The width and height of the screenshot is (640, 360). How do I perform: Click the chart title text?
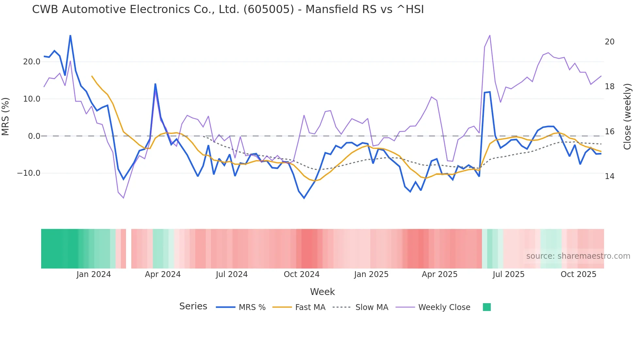[x=228, y=9]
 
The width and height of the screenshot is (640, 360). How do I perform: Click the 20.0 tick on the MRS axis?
[x=32, y=62]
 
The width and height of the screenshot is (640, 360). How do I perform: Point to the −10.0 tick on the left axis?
[x=29, y=173]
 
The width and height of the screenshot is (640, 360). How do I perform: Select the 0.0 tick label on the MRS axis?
[x=34, y=136]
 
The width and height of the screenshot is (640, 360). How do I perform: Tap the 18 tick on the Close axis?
[x=609, y=87]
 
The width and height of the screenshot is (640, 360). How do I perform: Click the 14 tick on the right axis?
[x=609, y=176]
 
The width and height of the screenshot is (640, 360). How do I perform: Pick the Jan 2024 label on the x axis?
[x=94, y=274]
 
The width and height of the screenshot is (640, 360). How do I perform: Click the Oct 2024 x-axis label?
[x=301, y=274]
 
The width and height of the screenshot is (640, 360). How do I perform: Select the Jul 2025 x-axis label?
[x=508, y=274]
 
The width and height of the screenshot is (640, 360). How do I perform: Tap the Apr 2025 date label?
[x=440, y=274]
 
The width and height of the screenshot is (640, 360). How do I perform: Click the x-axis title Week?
[x=322, y=292]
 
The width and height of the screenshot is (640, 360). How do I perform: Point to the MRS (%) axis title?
[x=6, y=117]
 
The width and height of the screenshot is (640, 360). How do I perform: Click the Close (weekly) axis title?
[x=627, y=117]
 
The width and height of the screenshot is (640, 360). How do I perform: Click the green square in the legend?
[x=487, y=307]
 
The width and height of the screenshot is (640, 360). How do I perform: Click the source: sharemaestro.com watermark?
[x=578, y=256]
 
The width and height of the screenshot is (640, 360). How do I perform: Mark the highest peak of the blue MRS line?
[x=70, y=35]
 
